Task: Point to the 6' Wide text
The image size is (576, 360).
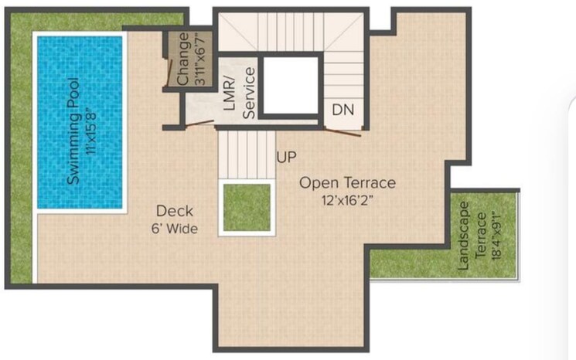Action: tap(175, 229)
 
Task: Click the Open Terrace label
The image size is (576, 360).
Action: tap(348, 183)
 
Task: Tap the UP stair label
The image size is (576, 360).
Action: tap(286, 158)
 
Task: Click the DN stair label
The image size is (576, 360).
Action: tap(343, 110)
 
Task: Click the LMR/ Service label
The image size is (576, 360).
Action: tap(239, 93)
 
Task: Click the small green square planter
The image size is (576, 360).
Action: tap(247, 207)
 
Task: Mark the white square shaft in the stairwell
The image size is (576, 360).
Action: tap(290, 84)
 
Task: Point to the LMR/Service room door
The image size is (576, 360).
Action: tap(203, 123)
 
